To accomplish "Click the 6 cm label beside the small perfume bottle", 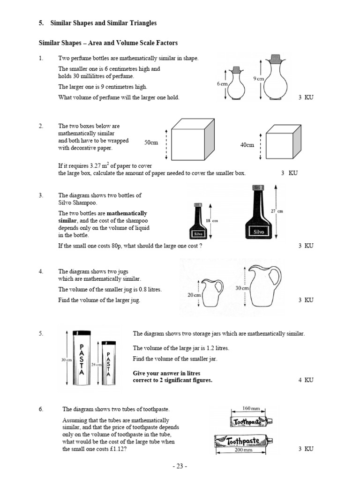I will click(x=222, y=83).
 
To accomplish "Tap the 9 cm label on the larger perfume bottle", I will click(x=259, y=79).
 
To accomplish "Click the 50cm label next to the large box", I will click(x=151, y=142).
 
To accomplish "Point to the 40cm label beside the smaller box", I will click(x=247, y=145).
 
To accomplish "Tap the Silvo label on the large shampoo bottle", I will click(x=259, y=232).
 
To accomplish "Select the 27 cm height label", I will click(x=277, y=211).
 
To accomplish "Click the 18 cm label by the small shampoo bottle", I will click(x=212, y=220).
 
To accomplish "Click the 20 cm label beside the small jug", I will click(x=194, y=295).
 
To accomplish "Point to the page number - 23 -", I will click(x=180, y=466).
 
